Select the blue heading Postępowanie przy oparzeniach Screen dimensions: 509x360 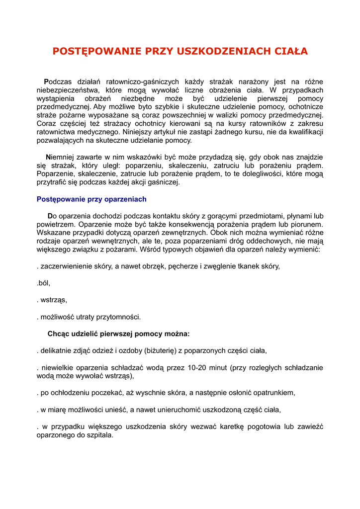tap(91, 199)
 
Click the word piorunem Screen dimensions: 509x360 tap(307, 224)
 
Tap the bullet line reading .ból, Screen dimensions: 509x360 tap(44, 283)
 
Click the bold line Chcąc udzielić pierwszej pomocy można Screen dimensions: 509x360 tap(118, 334)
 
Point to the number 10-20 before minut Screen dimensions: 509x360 tap(198, 368)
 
